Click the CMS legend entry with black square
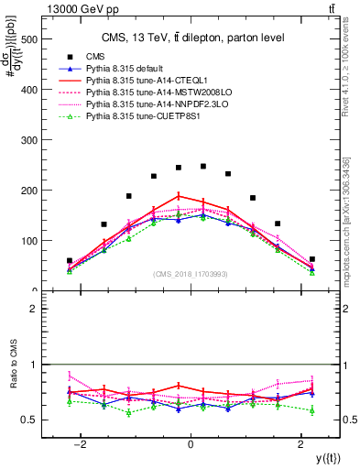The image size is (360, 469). tap(94, 57)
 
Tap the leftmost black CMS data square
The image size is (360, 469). tap(70, 261)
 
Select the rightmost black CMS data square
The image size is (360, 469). tap(312, 259)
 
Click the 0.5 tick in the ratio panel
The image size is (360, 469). tap(29, 420)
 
